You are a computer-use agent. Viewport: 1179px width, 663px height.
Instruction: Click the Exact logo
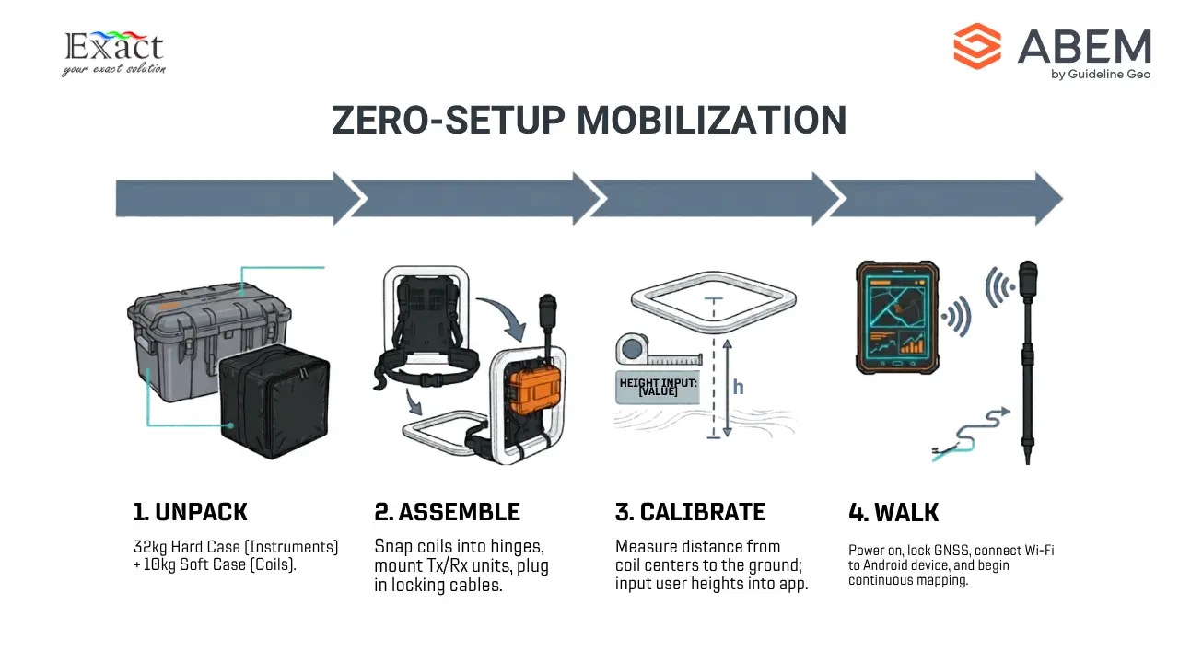coord(113,53)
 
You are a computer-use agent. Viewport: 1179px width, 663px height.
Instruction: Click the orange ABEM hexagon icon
coord(977,46)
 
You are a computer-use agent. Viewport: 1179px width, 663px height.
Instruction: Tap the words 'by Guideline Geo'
coord(1101,75)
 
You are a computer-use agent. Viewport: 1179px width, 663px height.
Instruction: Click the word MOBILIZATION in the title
coord(712,121)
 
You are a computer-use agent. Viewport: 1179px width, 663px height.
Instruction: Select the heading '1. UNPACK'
coord(190,512)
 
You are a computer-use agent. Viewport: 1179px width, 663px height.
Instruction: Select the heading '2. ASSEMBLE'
coord(447,512)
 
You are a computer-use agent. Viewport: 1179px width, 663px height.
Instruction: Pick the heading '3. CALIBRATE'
coord(690,512)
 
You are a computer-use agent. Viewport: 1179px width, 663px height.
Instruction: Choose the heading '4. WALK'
coord(893,513)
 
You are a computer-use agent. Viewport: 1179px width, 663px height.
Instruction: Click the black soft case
coord(274,401)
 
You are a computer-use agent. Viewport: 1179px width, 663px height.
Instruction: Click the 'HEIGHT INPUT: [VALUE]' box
coord(658,388)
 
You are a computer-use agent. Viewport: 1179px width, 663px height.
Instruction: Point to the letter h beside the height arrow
coord(739,388)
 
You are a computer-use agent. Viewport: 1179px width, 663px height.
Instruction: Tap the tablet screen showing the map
coord(897,319)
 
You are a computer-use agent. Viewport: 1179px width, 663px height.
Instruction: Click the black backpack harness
coord(427,331)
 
